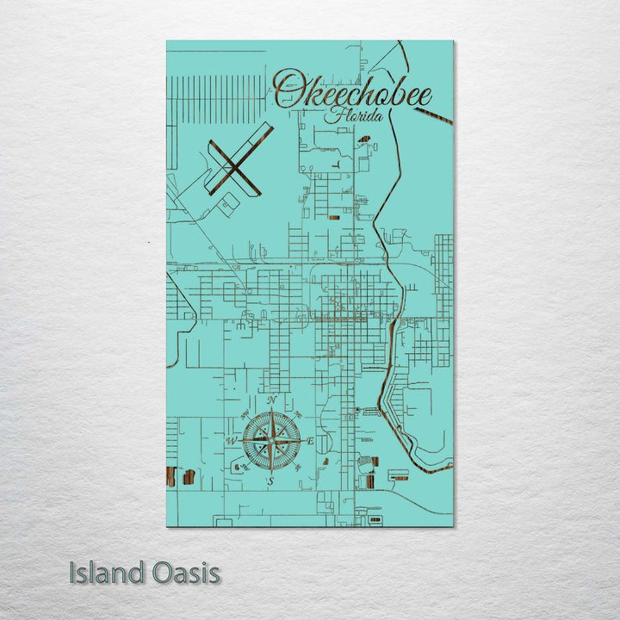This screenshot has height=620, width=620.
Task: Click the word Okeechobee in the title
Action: pos(353,91)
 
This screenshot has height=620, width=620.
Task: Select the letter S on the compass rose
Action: pos(270,481)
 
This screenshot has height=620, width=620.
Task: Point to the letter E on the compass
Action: pos(310,442)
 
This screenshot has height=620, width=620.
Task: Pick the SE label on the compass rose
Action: pos(298,468)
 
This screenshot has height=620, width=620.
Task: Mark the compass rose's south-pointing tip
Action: pos(271,473)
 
